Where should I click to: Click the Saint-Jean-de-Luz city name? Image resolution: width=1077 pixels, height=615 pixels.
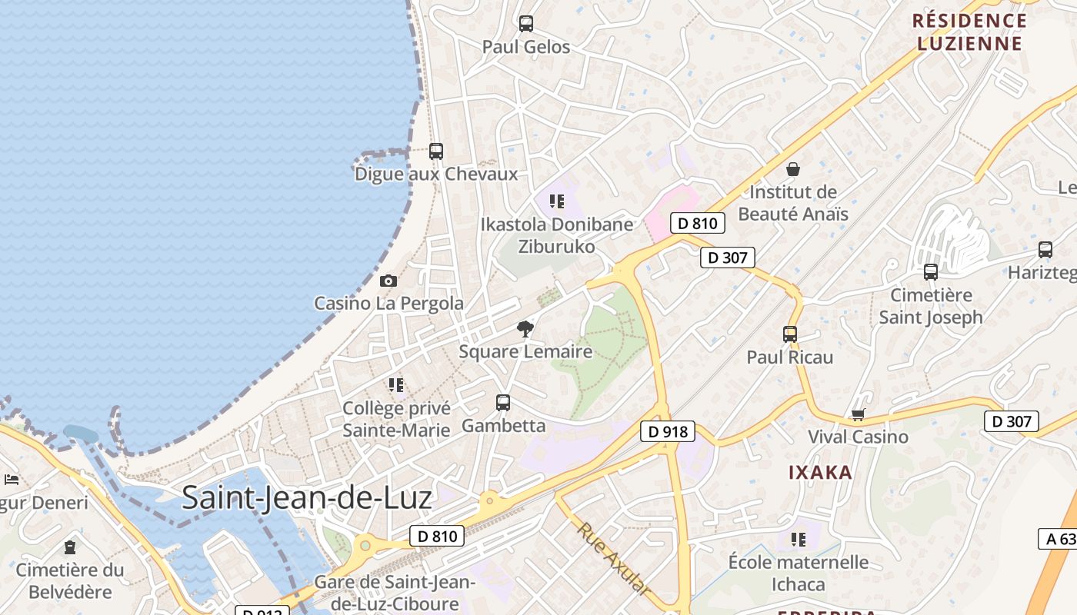307,498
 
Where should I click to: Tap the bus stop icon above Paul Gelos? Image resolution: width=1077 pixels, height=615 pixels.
526,24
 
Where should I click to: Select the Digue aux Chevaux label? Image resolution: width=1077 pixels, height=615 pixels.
436,174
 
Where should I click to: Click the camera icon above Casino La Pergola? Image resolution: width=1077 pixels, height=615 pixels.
388,281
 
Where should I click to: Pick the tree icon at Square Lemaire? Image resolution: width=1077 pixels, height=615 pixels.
525,330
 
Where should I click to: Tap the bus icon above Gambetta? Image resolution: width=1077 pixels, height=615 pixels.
503,402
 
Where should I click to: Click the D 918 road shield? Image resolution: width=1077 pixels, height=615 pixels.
668,431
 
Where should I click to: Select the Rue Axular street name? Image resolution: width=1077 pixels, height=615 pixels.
613,557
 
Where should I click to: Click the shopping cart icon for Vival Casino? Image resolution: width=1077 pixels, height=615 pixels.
858,415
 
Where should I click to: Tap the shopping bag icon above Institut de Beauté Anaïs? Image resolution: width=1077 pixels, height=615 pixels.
793,169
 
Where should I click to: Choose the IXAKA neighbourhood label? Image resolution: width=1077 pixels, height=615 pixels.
820,472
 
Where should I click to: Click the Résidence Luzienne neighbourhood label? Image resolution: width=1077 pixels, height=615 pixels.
969,32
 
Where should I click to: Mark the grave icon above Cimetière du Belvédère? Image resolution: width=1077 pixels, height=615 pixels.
70,547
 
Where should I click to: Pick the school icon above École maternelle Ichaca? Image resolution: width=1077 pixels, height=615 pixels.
799,540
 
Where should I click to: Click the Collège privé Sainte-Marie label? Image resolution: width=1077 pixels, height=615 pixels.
396,419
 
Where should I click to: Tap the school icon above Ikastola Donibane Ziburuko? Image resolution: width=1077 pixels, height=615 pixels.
557,201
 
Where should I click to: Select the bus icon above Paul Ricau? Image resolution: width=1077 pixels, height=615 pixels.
790,334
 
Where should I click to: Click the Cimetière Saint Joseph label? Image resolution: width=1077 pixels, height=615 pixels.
931,306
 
